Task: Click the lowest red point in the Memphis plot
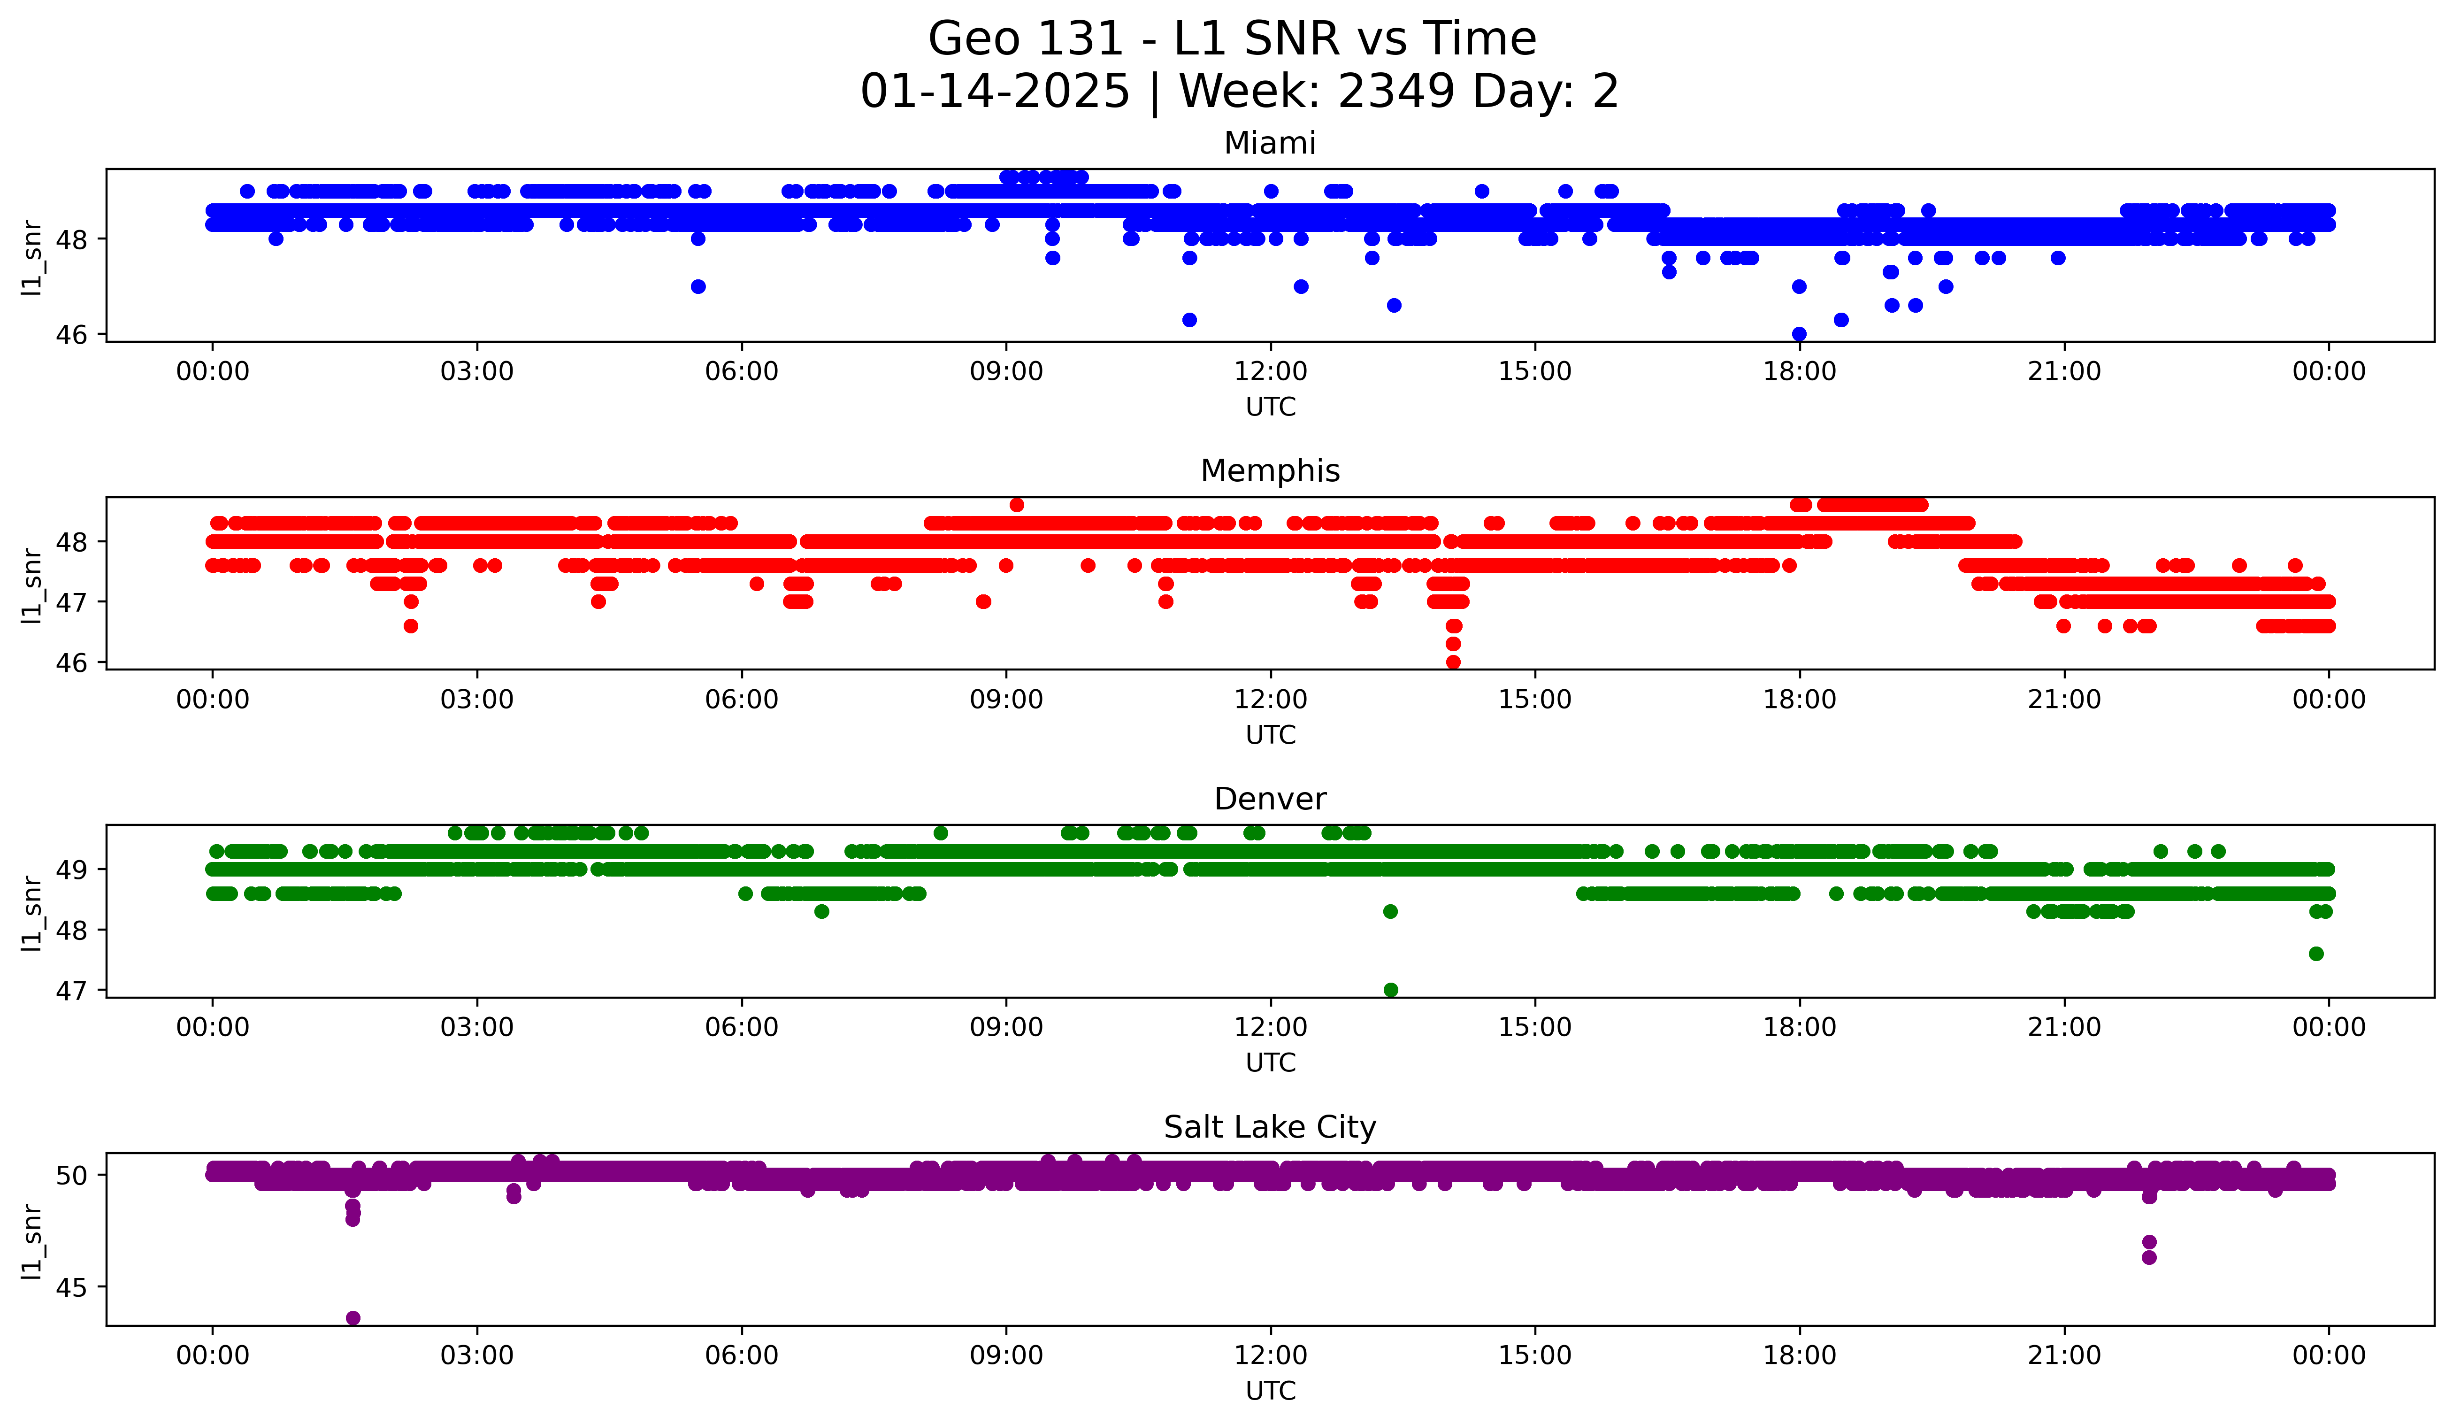click(1453, 662)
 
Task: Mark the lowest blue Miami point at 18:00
click(1799, 334)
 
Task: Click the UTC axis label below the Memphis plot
click(1270, 735)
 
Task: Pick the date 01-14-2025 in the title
click(995, 92)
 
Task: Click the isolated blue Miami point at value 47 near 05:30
click(698, 286)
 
